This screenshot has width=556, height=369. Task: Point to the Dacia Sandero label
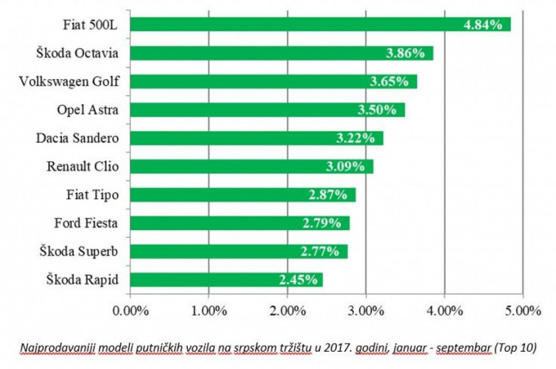coord(78,138)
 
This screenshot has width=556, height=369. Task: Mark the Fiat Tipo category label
coord(93,195)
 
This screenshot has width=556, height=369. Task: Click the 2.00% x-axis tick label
coord(287,309)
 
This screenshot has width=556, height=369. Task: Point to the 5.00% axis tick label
coord(523,309)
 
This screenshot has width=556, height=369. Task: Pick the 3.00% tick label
coord(366,309)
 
